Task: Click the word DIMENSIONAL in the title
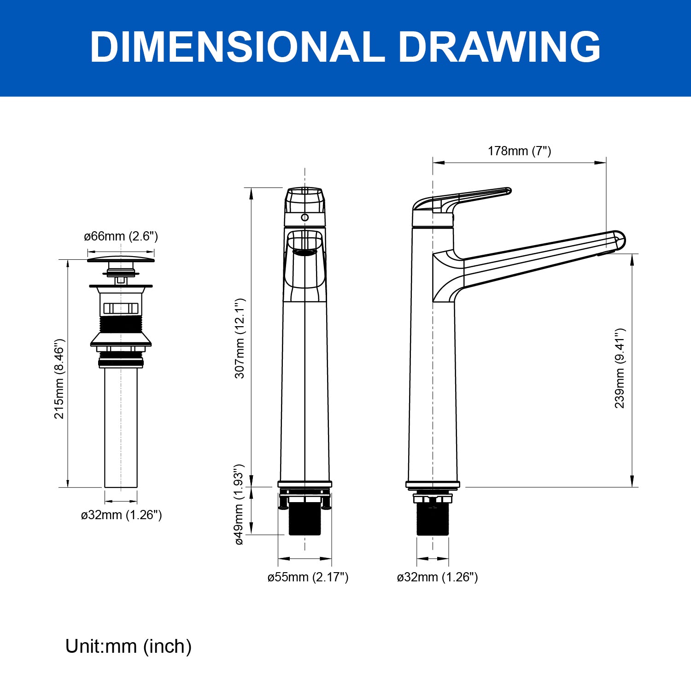pos(237,47)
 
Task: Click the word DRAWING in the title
pos(500,47)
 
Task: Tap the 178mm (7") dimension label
pos(520,151)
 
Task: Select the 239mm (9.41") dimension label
pos(620,368)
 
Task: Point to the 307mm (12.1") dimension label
pos(240,338)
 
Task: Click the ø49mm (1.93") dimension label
pos(239,504)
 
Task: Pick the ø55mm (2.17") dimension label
pos(308,577)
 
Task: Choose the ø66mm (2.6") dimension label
pos(121,236)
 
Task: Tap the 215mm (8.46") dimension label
pos(59,379)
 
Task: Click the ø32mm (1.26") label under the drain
pos(122,515)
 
